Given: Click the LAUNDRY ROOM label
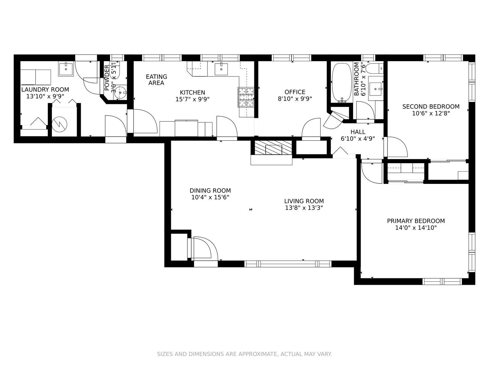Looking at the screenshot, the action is coord(45,90).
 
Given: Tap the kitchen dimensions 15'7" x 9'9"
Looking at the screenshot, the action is coord(193,99).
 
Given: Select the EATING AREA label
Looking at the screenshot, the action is coord(157,80).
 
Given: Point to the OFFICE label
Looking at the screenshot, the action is coord(295,92).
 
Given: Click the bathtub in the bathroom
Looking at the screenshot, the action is coord(342,83).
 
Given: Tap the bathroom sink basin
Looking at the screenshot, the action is coord(376,89).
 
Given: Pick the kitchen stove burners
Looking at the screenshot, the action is coord(246,98).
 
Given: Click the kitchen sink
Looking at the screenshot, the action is coord(221,69).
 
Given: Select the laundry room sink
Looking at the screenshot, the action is coord(66,69).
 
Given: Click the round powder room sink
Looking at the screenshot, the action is coord(120,93).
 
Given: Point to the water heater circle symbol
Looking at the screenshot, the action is coord(59,124).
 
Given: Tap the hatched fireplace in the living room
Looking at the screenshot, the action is coord(273,147).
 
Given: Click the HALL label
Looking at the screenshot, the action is coord(358,132).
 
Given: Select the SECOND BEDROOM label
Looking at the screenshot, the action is coord(431,106).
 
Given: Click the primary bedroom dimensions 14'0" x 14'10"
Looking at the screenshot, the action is coord(416,228).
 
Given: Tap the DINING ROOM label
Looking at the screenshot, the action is coord(210,191).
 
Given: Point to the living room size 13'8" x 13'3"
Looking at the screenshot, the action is coord(304,208).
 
